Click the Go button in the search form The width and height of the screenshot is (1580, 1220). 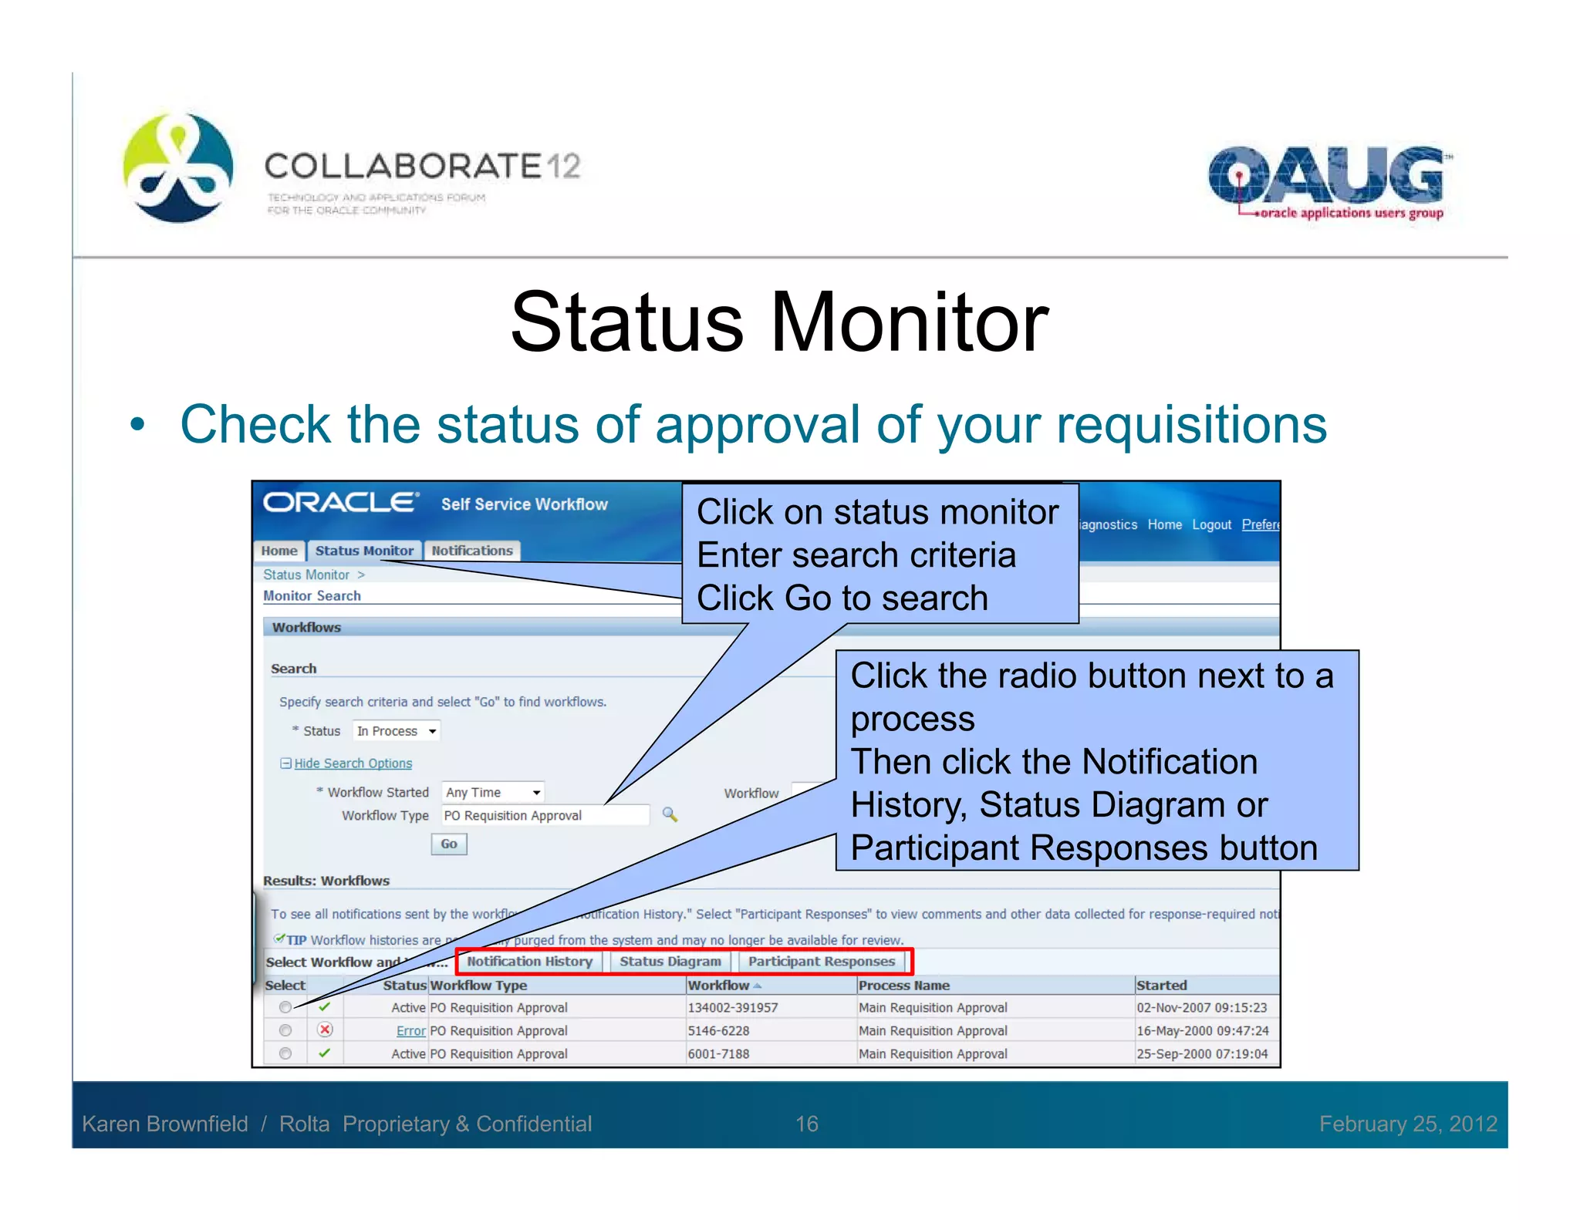(x=448, y=844)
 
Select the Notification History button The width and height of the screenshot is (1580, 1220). (x=529, y=962)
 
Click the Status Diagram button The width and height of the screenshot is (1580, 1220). (x=670, y=962)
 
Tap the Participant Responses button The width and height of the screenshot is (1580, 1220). (x=821, y=962)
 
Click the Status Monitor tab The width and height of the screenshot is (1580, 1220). (x=364, y=551)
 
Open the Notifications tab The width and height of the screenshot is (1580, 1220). (x=472, y=551)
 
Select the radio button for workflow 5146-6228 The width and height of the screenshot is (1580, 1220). (x=285, y=1030)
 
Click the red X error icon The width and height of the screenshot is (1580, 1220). (x=326, y=1030)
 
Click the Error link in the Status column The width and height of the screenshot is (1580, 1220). (x=410, y=1031)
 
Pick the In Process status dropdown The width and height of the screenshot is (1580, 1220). (x=397, y=731)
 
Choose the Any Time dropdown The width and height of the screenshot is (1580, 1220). (x=492, y=792)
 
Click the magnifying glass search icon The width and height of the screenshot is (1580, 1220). (x=670, y=815)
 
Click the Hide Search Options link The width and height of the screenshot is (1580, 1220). (x=353, y=763)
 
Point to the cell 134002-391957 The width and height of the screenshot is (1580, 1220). (x=733, y=1008)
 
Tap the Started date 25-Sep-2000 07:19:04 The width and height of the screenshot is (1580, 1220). (x=1201, y=1054)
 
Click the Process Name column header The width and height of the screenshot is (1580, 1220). (x=903, y=986)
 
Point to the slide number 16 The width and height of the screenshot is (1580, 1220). (x=806, y=1124)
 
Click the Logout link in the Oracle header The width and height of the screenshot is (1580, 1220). (x=1211, y=524)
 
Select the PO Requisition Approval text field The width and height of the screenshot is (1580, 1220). (x=544, y=815)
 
